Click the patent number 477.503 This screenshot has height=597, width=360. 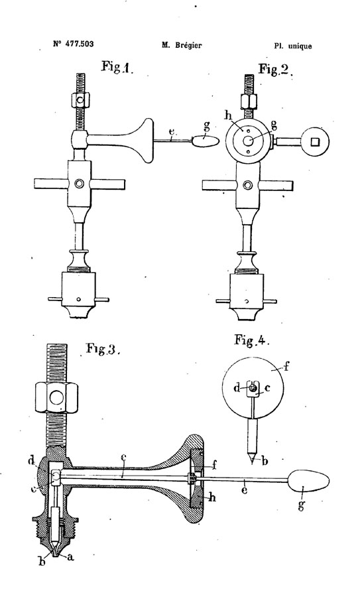point(79,44)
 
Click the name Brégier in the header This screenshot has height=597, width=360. point(188,45)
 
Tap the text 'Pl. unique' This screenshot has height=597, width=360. point(292,46)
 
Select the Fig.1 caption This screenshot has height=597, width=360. point(117,67)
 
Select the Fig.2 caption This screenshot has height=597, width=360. point(275,69)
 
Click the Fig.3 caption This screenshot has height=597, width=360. point(103,348)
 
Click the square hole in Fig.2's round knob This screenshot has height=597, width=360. point(315,142)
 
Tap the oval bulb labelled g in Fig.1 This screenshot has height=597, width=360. point(206,140)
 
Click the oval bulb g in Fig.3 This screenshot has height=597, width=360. point(308,482)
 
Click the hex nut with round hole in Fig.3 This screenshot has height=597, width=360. point(57,398)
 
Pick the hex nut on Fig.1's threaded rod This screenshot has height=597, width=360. point(80,101)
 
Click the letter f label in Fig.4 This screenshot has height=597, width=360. point(286,367)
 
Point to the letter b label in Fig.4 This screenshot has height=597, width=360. point(265,462)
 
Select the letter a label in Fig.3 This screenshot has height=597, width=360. point(70,557)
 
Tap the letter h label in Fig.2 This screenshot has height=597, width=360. point(228,115)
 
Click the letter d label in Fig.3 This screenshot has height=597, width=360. point(32,462)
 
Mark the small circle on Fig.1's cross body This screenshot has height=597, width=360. point(80,184)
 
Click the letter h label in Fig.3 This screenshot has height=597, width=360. point(212,497)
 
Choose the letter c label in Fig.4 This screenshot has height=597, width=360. point(267,388)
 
